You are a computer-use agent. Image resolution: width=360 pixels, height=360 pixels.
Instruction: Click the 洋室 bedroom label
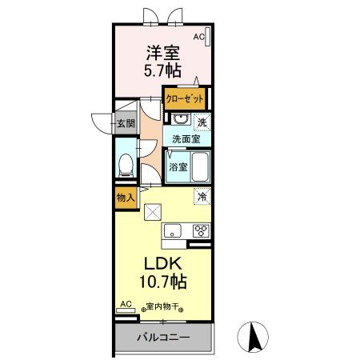(x=163, y=54)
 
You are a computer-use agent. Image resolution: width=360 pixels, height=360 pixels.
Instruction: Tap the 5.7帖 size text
(x=163, y=70)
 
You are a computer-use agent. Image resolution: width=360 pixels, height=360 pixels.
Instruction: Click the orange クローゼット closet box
(x=185, y=98)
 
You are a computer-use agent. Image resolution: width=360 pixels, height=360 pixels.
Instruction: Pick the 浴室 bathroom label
(x=178, y=167)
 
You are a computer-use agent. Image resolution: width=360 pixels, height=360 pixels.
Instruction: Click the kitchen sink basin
(x=174, y=231)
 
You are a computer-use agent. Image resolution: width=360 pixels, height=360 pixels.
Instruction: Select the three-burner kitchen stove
(x=200, y=231)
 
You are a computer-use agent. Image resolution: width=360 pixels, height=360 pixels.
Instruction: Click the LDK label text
(x=165, y=265)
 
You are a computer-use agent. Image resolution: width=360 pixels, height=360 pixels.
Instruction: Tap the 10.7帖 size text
(x=165, y=282)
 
